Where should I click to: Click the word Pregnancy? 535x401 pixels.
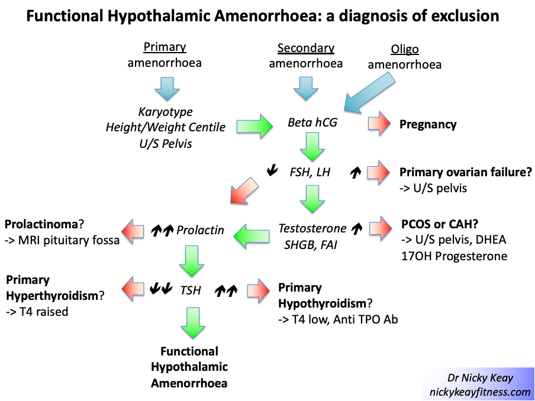tap(428, 124)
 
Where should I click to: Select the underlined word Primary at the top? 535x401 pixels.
tap(165, 47)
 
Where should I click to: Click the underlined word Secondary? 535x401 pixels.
tap(306, 48)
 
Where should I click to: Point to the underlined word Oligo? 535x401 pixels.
tap(405, 49)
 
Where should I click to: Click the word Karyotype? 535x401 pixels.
tap(166, 112)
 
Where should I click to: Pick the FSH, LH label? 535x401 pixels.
tap(310, 173)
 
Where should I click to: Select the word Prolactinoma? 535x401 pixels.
tap(41, 225)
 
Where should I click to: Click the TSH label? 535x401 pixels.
tap(191, 290)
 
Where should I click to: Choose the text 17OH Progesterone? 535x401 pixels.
tap(453, 256)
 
